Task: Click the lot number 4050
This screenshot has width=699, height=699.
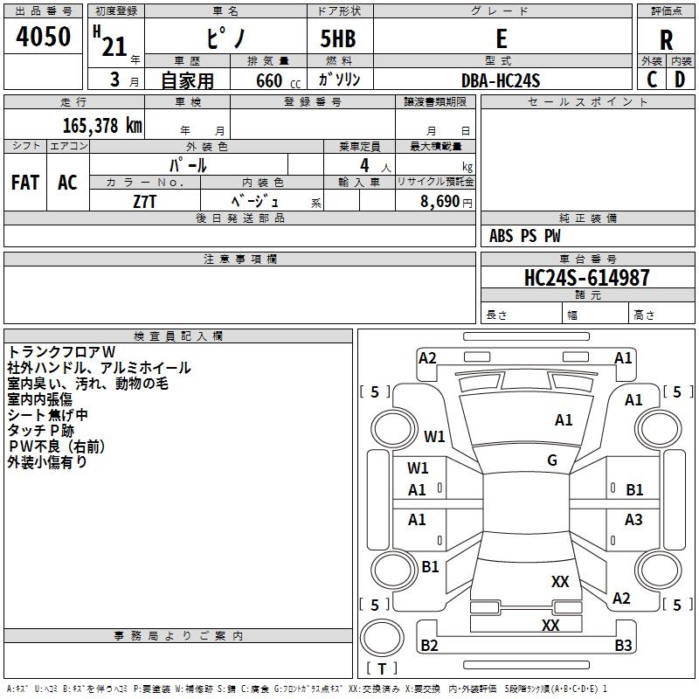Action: pyautogui.click(x=43, y=36)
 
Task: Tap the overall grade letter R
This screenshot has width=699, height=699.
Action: pyautogui.click(x=666, y=40)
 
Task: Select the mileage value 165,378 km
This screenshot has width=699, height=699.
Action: pyautogui.click(x=102, y=125)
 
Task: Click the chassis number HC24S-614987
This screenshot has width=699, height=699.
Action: pyautogui.click(x=586, y=278)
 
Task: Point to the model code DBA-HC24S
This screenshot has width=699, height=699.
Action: pyautogui.click(x=501, y=80)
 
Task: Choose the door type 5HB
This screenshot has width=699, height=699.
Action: pyautogui.click(x=338, y=38)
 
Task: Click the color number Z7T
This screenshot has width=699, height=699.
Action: pyautogui.click(x=144, y=202)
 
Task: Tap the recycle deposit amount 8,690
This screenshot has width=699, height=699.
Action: pyautogui.click(x=440, y=202)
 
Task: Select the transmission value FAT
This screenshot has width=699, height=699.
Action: pyautogui.click(x=25, y=183)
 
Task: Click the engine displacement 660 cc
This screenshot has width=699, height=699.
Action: pyautogui.click(x=278, y=81)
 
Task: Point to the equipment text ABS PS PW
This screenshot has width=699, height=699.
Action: pyautogui.click(x=525, y=235)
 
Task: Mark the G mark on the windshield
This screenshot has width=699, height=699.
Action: pyautogui.click(x=552, y=460)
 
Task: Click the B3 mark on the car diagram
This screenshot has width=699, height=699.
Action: pyautogui.click(x=623, y=645)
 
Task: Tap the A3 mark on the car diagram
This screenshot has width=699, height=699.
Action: pyautogui.click(x=633, y=519)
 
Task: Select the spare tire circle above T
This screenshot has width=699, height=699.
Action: pyautogui.click(x=382, y=638)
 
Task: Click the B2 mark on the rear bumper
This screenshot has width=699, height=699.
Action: pyautogui.click(x=429, y=645)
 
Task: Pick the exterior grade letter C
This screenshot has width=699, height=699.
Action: pyautogui.click(x=652, y=80)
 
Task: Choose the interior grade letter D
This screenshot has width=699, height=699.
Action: pyautogui.click(x=680, y=80)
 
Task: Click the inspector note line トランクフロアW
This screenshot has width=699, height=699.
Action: pyautogui.click(x=61, y=352)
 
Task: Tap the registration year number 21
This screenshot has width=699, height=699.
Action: pyautogui.click(x=114, y=47)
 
